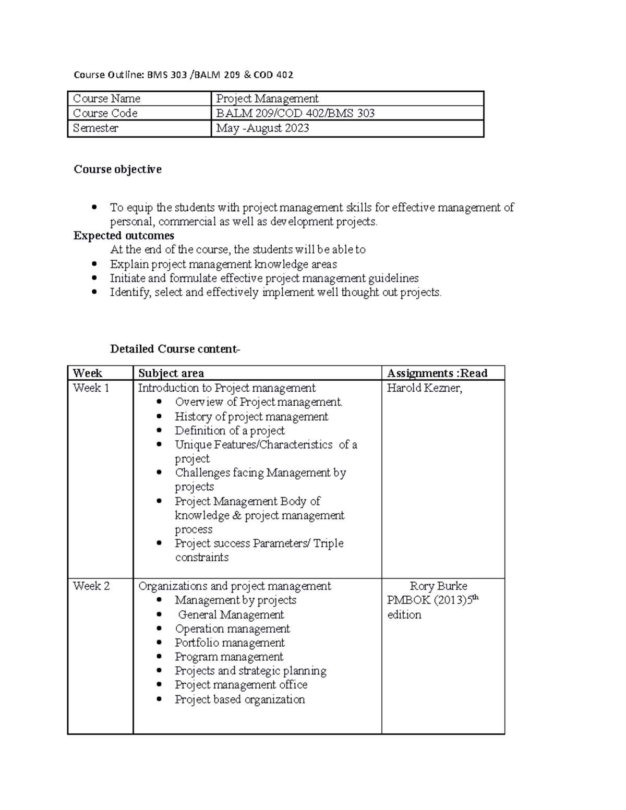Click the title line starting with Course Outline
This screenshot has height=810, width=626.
183,75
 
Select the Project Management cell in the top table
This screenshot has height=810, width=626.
267,99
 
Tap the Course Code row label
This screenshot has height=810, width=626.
105,113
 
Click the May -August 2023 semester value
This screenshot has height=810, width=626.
262,128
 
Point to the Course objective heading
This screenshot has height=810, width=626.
117,169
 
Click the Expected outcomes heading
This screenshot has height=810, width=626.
124,236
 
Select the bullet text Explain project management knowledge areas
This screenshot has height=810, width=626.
223,264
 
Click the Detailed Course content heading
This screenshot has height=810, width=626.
175,349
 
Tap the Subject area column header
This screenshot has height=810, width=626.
171,373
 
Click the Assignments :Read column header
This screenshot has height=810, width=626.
437,373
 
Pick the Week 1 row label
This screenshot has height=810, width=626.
91,388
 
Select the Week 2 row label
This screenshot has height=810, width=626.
91,586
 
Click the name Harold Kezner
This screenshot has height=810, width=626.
424,388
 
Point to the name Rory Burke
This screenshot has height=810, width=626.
438,586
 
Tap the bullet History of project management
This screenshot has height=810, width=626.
251,416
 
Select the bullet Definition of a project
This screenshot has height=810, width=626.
230,430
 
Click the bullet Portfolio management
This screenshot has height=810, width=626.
230,643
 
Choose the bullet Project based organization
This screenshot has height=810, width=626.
239,699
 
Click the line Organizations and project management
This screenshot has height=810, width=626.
234,586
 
